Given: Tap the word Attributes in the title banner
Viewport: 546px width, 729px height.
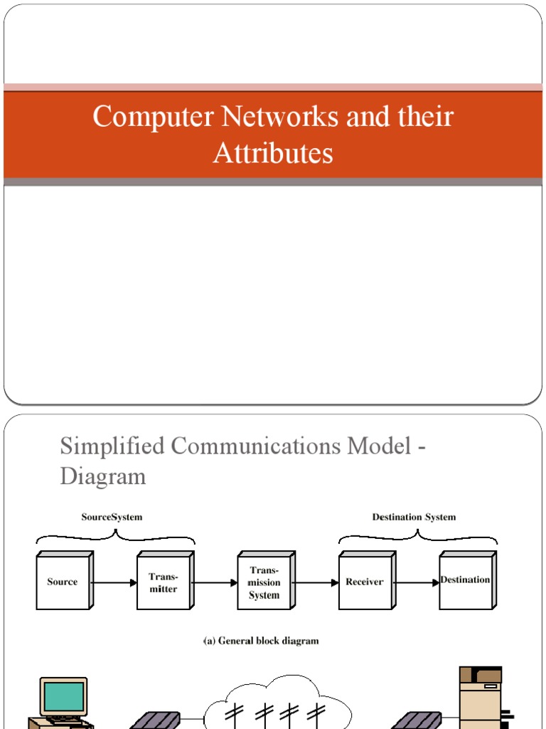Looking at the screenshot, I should point(273,153).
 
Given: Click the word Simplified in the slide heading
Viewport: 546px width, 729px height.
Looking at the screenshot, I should point(109,446).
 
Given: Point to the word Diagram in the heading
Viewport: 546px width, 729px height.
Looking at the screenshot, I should point(103,476).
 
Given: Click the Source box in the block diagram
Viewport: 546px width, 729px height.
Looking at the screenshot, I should point(63,582).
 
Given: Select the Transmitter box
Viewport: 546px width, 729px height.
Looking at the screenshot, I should point(163,582).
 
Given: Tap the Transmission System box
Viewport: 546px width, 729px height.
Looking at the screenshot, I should point(264,582).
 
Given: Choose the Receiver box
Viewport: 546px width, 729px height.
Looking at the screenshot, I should point(364,582).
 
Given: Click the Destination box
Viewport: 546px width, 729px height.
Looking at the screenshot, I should point(465,581).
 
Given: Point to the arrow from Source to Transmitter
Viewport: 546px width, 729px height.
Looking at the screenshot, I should point(114,582).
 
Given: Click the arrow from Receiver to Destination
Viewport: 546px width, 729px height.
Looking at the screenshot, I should point(416,582).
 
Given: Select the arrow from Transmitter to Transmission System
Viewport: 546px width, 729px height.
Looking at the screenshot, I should point(215,582).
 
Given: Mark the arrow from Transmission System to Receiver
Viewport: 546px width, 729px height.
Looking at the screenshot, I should point(316,582).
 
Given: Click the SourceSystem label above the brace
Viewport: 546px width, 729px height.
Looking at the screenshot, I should point(112,518).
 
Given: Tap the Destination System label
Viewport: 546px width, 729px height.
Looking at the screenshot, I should point(414,518).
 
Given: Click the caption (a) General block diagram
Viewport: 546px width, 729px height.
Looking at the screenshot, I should point(261,641).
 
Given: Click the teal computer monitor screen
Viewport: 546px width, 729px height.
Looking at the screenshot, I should point(64,696).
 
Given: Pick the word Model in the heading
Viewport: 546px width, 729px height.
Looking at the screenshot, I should point(381,446).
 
